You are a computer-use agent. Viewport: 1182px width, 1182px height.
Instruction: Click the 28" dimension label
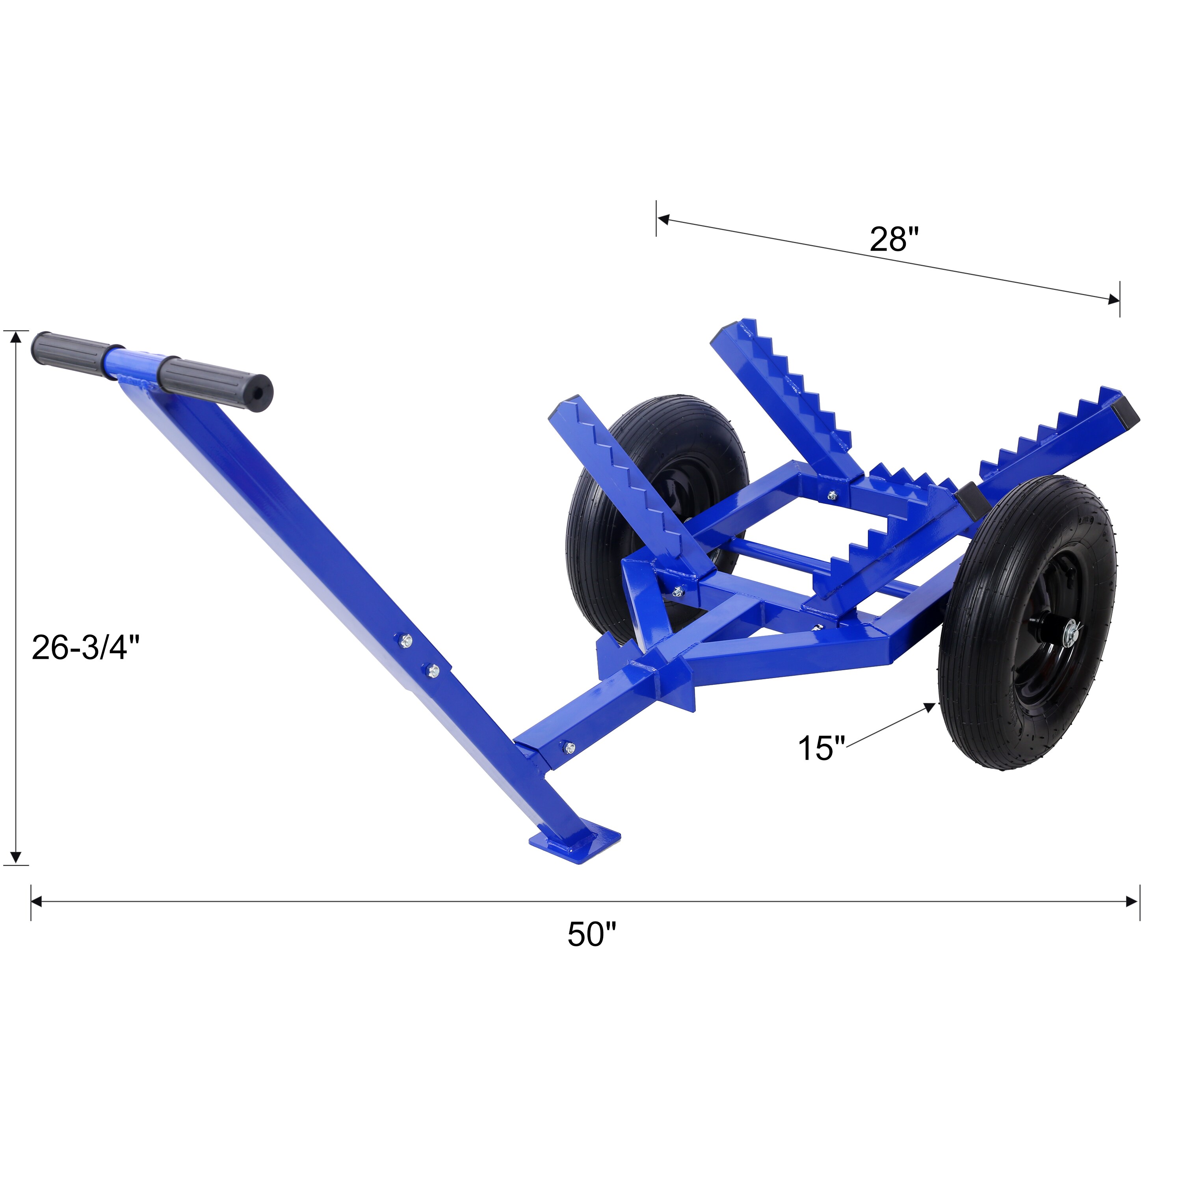(894, 239)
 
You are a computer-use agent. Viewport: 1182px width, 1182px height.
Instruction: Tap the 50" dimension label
(591, 934)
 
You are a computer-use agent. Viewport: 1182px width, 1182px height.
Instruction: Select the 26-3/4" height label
(85, 647)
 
